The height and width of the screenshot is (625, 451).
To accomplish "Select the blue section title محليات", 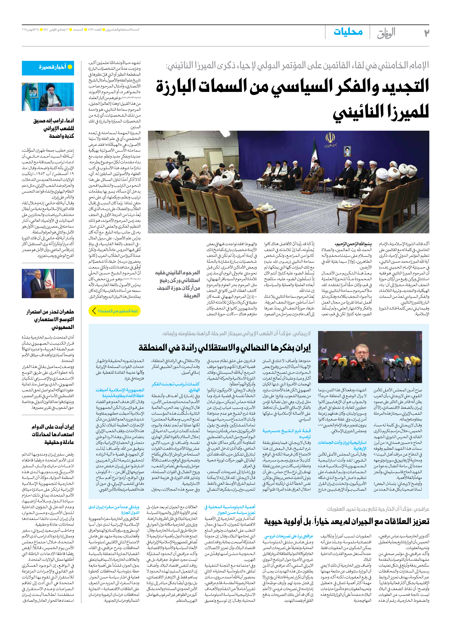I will pos(348,32).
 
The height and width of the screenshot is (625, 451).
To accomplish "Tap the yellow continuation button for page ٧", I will pos(115,311).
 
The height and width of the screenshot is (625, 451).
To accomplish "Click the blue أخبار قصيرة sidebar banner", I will pos(48,67).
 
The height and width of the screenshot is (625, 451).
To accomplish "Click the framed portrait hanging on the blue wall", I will pos(347,151).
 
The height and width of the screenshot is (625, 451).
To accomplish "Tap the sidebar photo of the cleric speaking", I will pos(48,97).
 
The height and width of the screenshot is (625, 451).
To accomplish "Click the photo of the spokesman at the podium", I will pos(48,283).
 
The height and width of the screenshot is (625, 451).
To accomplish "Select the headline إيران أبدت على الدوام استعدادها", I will pos(52,434).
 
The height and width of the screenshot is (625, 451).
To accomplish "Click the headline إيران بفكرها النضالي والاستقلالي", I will pos(225,348).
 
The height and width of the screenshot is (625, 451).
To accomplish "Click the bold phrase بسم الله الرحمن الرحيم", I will pos(353,244).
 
